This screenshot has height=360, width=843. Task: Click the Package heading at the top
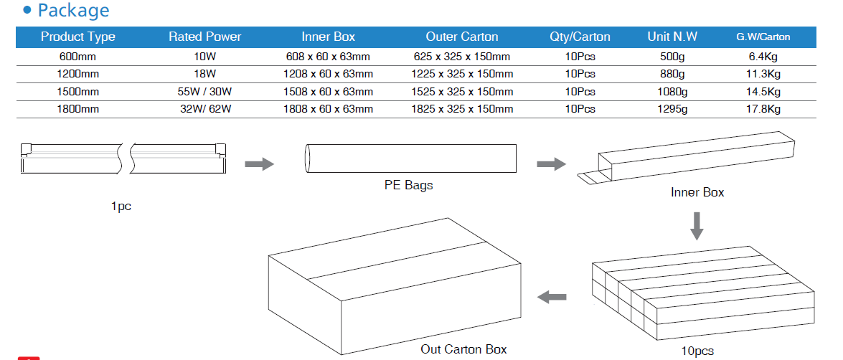(x=73, y=11)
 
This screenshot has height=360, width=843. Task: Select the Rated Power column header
(x=205, y=37)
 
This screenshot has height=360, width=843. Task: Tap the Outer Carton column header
(x=462, y=37)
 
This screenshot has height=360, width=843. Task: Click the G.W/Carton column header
(x=763, y=37)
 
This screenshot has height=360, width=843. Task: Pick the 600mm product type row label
(x=78, y=56)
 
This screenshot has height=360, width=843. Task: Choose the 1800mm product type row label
(x=78, y=109)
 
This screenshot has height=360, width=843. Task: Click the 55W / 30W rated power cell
(x=205, y=92)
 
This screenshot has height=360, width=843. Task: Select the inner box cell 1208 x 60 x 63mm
(x=329, y=74)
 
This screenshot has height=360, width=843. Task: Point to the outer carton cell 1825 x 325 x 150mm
(x=462, y=109)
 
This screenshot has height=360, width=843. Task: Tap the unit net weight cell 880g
(x=672, y=74)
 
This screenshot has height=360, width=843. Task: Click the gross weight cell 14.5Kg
(x=763, y=92)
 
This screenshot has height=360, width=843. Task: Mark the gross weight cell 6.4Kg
(x=763, y=56)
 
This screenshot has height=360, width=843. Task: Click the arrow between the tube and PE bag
(x=259, y=164)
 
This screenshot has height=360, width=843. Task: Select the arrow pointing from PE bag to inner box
(x=550, y=164)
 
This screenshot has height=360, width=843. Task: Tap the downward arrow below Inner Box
(x=697, y=226)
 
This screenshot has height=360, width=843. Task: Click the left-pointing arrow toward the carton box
(x=552, y=297)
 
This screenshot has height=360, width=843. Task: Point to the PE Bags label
(x=409, y=185)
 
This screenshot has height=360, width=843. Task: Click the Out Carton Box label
(x=463, y=349)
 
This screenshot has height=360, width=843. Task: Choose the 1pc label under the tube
(x=121, y=207)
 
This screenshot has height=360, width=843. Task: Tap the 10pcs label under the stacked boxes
(x=697, y=351)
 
